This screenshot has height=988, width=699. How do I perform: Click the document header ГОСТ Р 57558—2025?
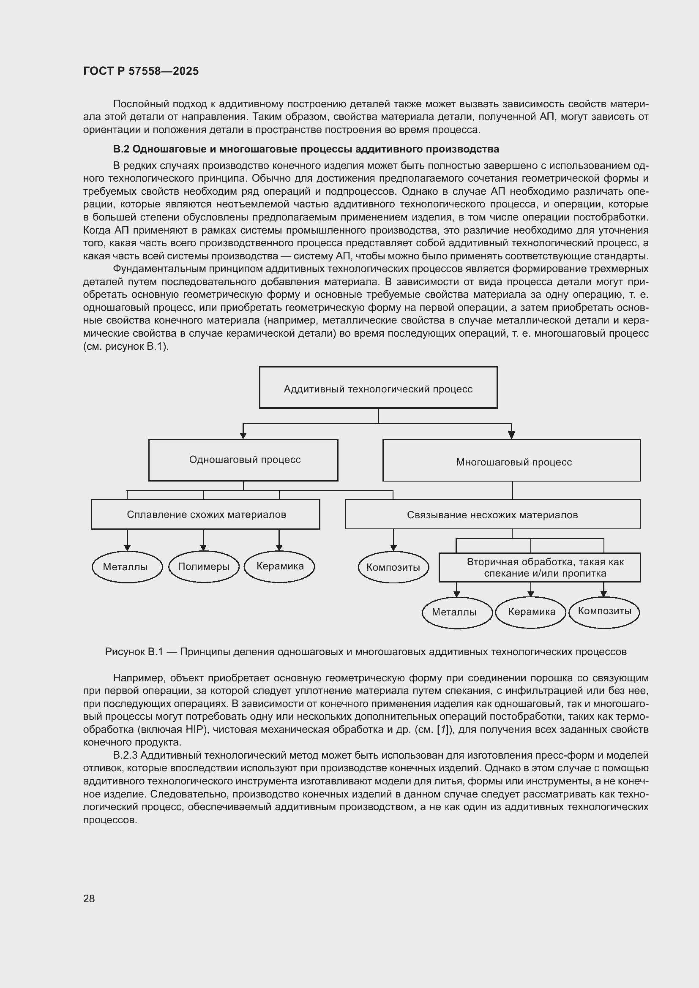click(x=141, y=71)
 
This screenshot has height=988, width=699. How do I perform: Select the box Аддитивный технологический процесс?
click(x=378, y=387)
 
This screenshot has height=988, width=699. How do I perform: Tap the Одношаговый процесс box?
click(x=243, y=460)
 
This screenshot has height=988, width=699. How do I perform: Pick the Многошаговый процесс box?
click(x=511, y=460)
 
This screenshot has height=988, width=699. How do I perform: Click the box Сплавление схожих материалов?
click(x=205, y=514)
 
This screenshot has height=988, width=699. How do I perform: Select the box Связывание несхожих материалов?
click(x=492, y=514)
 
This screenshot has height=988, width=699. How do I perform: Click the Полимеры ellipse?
click(x=204, y=567)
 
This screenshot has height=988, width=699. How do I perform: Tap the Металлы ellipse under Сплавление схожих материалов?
click(x=127, y=567)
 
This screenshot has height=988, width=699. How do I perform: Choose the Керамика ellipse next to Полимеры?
click(x=279, y=566)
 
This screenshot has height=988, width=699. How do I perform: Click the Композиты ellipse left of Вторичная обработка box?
click(x=393, y=567)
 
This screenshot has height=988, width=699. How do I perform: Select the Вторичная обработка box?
click(x=539, y=567)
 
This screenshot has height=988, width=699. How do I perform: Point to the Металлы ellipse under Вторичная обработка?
click(x=457, y=612)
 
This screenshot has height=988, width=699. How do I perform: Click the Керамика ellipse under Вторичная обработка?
click(x=531, y=612)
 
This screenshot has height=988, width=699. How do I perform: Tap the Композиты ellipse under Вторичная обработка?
click(x=604, y=612)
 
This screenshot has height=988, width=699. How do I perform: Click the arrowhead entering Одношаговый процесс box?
click(x=243, y=436)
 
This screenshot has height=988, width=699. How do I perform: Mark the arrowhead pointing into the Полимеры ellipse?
click(x=204, y=548)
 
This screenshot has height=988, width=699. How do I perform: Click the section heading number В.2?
click(x=121, y=149)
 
